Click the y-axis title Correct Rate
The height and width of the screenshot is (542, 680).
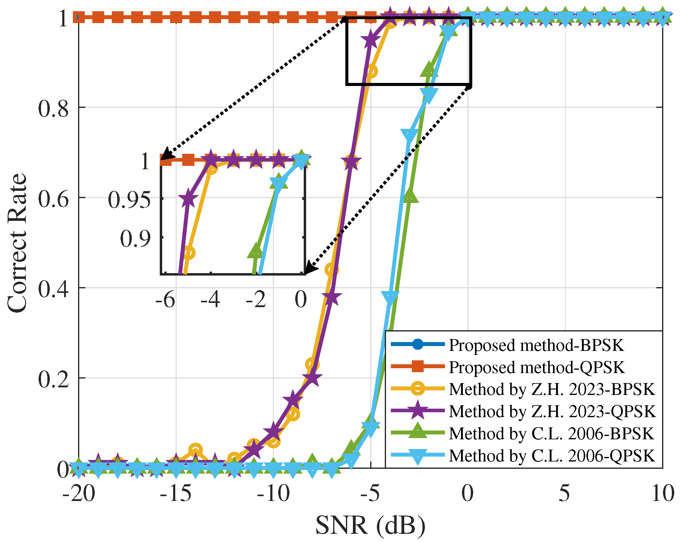click(x=17, y=243)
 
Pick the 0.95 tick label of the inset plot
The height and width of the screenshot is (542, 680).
click(x=129, y=200)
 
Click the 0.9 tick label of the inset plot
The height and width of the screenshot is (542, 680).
click(x=136, y=239)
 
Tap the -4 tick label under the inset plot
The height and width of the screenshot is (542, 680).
click(x=210, y=299)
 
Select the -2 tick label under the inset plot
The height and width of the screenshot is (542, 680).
click(x=256, y=299)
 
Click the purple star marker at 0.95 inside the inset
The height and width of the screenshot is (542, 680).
click(x=188, y=199)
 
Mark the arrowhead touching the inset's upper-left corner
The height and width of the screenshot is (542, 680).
click(x=166, y=155)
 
